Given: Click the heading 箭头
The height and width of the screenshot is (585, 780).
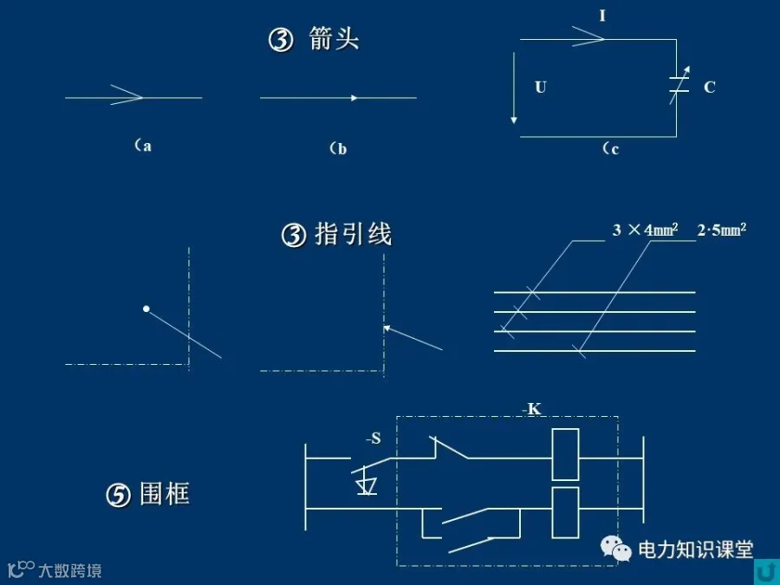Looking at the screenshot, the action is (334, 38).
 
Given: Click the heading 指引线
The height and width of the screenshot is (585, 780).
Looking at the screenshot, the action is (354, 234).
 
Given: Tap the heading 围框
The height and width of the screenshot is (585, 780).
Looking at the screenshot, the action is (165, 494).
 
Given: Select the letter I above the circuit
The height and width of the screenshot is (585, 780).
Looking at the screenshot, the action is (602, 16).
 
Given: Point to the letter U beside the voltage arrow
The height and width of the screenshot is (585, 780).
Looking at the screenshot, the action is (541, 87).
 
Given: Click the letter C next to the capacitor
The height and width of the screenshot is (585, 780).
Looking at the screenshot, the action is (709, 87).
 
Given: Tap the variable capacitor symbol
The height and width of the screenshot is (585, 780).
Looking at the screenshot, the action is (679, 85).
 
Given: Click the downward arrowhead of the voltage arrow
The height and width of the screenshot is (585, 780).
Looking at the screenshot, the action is (514, 120).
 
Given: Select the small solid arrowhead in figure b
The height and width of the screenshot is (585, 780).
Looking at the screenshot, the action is (354, 98).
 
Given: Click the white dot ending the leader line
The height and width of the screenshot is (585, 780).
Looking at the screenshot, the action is (146, 309).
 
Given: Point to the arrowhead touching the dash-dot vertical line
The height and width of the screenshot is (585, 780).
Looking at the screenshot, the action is (387, 328).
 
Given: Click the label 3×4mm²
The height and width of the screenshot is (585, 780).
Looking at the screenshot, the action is (645, 230).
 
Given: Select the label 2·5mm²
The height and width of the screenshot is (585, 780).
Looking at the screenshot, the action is (722, 230).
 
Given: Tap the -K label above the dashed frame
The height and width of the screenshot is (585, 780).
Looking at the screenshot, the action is (531, 409).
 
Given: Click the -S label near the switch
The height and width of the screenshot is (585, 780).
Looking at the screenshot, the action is (373, 439).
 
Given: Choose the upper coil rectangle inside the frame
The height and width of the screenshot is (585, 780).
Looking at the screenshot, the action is (566, 453).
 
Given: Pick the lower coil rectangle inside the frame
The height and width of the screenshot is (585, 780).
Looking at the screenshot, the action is (566, 512).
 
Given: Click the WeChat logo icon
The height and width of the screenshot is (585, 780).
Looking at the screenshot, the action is (616, 549).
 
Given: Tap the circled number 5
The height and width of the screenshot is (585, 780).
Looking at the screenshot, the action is (119, 496).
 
